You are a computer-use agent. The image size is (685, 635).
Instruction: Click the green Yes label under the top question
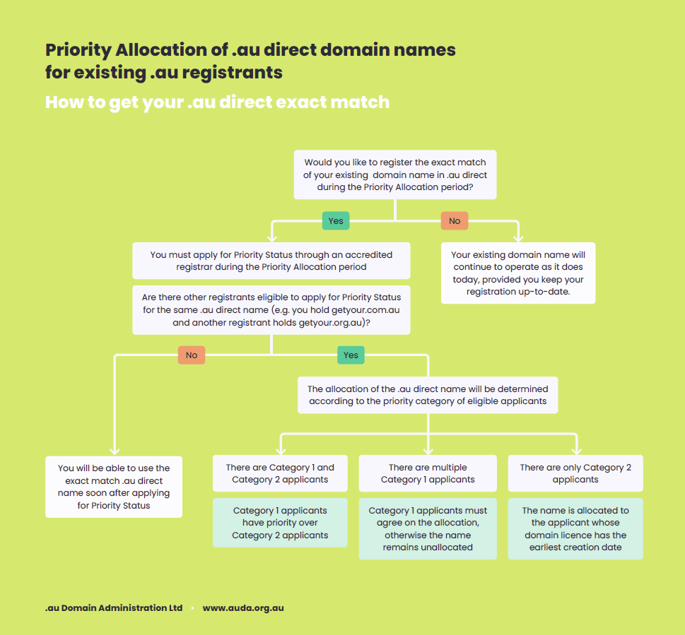click(x=336, y=221)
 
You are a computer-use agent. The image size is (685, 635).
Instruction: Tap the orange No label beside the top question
click(x=455, y=221)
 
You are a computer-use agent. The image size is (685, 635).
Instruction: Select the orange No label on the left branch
click(x=192, y=355)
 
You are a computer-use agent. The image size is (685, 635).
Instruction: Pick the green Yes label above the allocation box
click(x=351, y=355)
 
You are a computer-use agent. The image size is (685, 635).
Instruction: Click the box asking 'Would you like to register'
click(x=395, y=174)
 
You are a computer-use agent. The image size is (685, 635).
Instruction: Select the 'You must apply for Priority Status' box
click(x=271, y=261)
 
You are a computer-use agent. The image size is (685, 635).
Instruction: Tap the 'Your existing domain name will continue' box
click(x=518, y=273)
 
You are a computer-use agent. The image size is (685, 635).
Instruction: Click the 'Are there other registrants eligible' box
click(x=271, y=310)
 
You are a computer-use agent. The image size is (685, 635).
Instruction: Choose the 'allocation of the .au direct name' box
click(x=428, y=395)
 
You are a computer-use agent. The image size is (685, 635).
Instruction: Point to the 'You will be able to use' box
click(x=114, y=487)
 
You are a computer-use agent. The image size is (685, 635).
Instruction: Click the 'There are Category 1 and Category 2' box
click(x=280, y=473)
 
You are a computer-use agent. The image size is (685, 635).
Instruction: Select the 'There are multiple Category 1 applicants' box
click(x=428, y=473)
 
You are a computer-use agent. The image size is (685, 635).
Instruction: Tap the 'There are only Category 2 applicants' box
click(x=575, y=473)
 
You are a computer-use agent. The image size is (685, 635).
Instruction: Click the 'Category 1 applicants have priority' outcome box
click(x=280, y=523)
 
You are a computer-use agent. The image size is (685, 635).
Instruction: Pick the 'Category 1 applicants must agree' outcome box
click(x=428, y=528)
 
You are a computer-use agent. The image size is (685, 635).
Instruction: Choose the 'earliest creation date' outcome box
click(x=575, y=528)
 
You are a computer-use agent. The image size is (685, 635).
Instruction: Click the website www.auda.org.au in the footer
click(x=243, y=608)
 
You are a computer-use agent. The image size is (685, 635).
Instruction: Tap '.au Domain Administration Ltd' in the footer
click(x=114, y=608)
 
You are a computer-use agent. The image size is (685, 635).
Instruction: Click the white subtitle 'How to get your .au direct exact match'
click(x=217, y=102)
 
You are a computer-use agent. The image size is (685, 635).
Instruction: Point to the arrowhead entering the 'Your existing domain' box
click(x=518, y=238)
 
